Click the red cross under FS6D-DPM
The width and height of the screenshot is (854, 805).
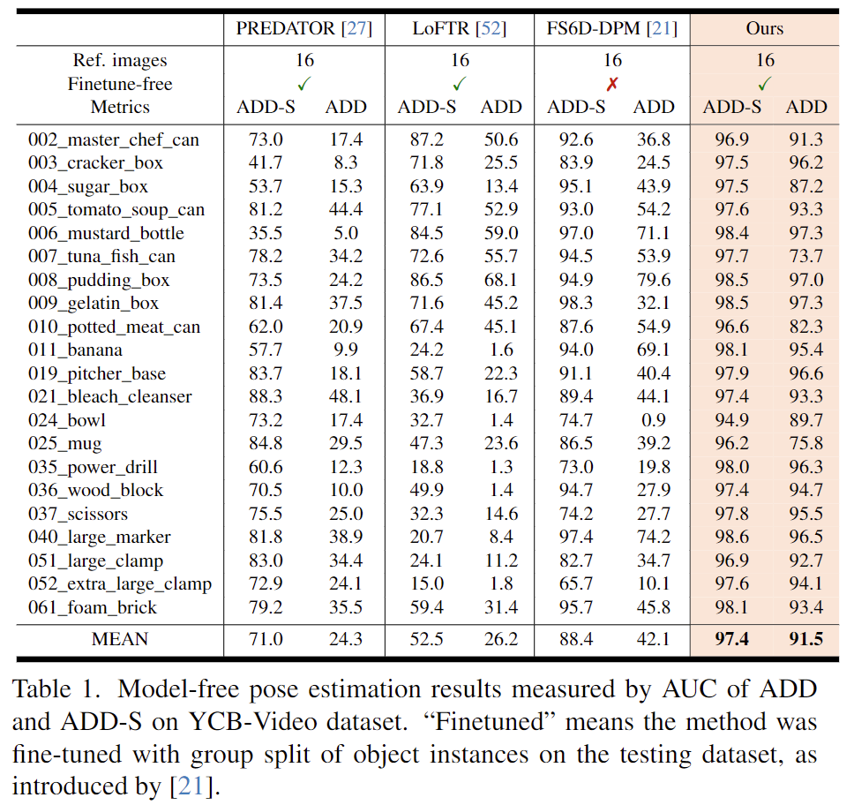(612, 84)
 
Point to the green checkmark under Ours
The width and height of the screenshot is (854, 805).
(765, 84)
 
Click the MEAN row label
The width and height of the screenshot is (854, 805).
(120, 640)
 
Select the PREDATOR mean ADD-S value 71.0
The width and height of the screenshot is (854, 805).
(266, 640)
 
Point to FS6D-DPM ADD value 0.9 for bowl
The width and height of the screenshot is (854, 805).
(654, 420)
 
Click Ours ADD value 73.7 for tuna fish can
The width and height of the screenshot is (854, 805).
(805, 256)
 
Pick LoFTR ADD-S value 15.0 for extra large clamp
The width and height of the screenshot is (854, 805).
(427, 583)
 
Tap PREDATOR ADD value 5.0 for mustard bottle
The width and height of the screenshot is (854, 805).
(345, 233)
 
